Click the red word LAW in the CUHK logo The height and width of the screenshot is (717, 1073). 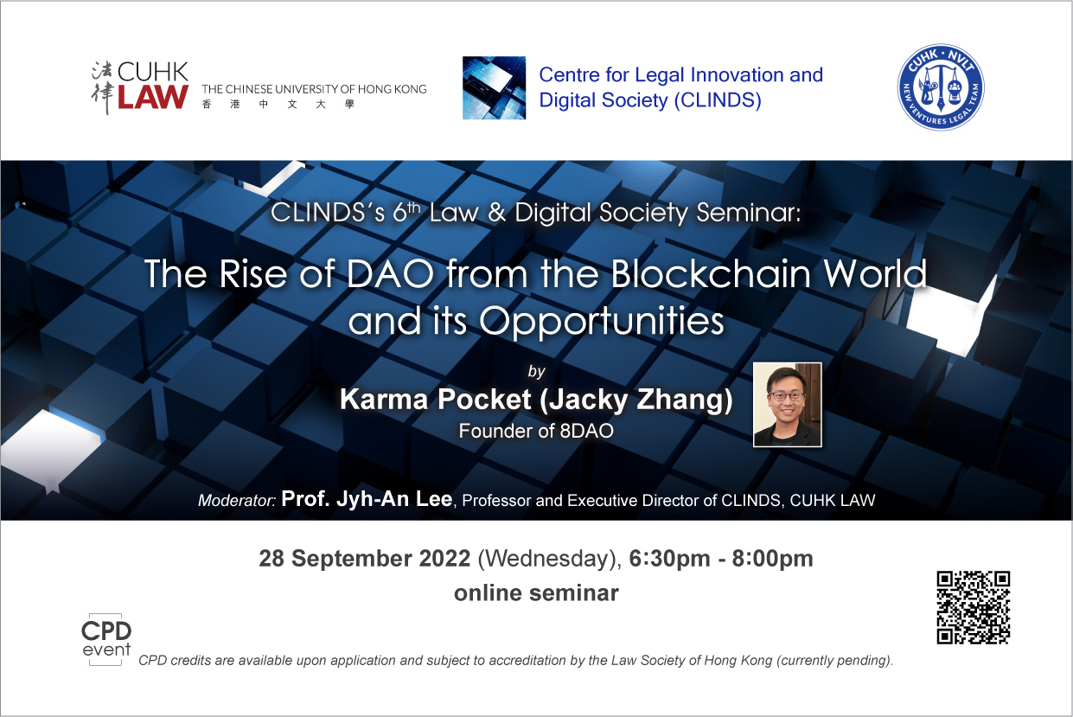click(x=153, y=97)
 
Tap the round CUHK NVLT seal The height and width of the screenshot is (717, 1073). click(x=941, y=87)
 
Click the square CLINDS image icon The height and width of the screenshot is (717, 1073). click(x=494, y=87)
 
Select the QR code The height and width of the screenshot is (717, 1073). click(x=974, y=607)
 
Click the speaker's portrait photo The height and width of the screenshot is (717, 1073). click(x=788, y=405)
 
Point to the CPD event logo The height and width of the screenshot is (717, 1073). click(x=105, y=639)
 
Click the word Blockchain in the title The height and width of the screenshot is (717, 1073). click(x=711, y=274)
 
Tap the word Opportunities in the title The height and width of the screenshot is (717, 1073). click(x=602, y=322)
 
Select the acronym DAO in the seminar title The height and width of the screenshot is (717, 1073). click(x=390, y=274)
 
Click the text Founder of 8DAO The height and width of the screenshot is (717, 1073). click(x=536, y=431)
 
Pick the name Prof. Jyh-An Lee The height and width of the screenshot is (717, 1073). click(x=367, y=499)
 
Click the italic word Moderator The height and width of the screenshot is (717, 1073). click(x=237, y=501)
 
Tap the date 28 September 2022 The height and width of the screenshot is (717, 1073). click(x=365, y=559)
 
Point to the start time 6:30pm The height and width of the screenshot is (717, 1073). click(x=669, y=560)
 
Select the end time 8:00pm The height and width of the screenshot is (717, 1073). click(x=773, y=560)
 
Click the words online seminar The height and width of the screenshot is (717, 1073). click(x=536, y=593)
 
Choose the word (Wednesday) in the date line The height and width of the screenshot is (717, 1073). click(x=549, y=560)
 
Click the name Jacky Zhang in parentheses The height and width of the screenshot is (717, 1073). click(x=636, y=400)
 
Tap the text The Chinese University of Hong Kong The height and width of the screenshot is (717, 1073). click(x=314, y=89)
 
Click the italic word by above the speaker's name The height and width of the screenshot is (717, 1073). click(x=536, y=372)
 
